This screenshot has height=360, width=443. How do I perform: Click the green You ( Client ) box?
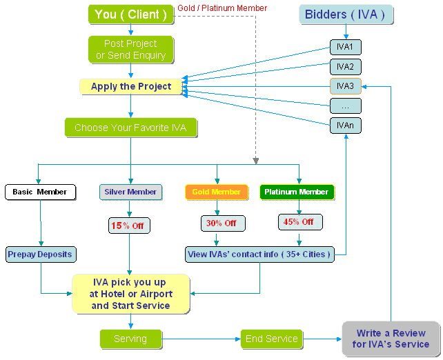pyautogui.click(x=130, y=14)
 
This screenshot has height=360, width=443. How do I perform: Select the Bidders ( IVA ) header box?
pyautogui.click(x=345, y=14)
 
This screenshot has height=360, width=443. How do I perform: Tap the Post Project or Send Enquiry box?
pyautogui.click(x=130, y=50)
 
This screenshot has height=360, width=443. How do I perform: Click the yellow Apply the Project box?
pyautogui.click(x=131, y=87)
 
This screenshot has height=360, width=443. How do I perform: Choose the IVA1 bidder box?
pyautogui.click(x=345, y=48)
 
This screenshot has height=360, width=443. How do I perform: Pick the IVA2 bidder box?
pyautogui.click(x=345, y=67)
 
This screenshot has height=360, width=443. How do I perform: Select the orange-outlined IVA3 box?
pyautogui.click(x=345, y=86)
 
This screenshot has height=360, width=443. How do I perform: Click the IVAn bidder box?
pyautogui.click(x=345, y=126)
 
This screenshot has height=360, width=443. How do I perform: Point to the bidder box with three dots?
pyautogui.click(x=345, y=106)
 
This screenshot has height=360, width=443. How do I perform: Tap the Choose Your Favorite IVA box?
pyautogui.click(x=130, y=128)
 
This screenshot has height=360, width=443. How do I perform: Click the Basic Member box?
pyautogui.click(x=41, y=192)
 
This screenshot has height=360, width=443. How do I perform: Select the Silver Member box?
pyautogui.click(x=130, y=192)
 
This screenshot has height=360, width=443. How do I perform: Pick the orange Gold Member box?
pyautogui.click(x=217, y=192)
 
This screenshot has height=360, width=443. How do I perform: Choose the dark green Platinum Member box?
pyautogui.click(x=297, y=192)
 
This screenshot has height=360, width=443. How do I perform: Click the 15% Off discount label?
pyautogui.click(x=130, y=226)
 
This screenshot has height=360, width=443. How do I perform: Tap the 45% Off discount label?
pyautogui.click(x=298, y=222)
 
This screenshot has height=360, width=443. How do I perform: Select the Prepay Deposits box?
pyautogui.click(x=40, y=254)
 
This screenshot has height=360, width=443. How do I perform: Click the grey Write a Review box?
pyautogui.click(x=391, y=339)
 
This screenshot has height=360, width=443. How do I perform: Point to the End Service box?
pyautogui.click(x=271, y=339)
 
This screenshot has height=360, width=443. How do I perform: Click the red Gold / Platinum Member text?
pyautogui.click(x=222, y=8)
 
